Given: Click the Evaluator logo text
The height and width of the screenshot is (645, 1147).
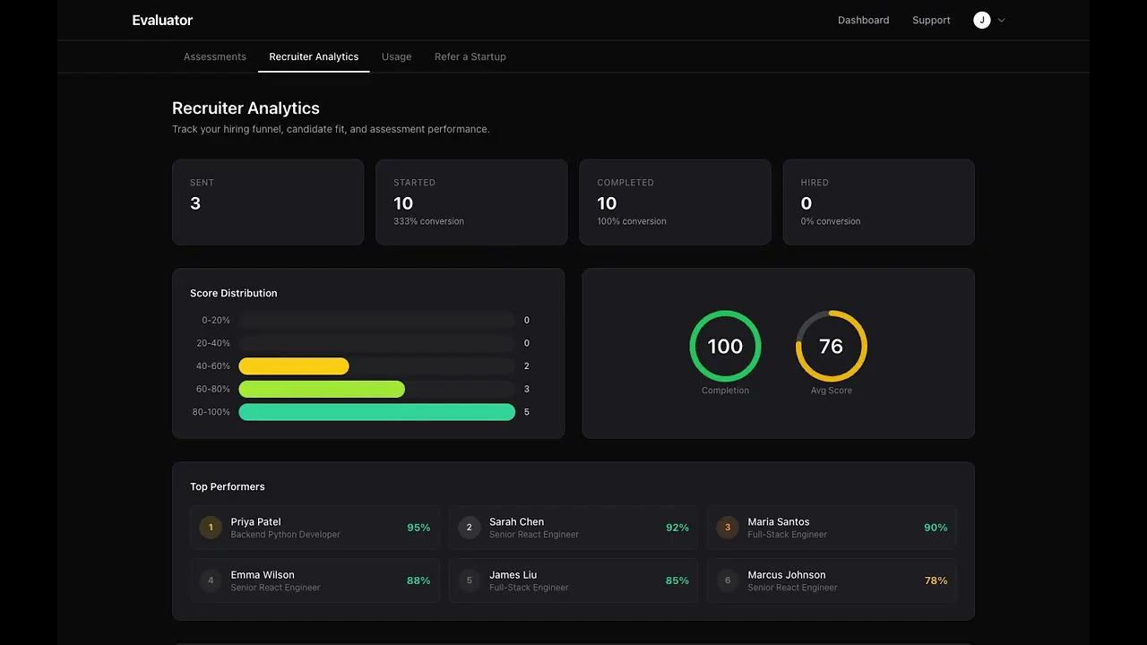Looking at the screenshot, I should (x=162, y=21).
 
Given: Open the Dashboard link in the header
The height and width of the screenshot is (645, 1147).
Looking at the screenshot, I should (x=863, y=21).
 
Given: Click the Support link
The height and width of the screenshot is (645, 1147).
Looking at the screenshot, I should (x=931, y=21).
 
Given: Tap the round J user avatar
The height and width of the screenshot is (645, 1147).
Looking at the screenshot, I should (x=982, y=21).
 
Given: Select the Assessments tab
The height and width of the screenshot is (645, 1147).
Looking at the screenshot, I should (x=215, y=56).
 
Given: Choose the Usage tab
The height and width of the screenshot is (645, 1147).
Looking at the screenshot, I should (x=396, y=56).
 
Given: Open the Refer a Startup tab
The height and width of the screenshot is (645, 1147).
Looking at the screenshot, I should (x=470, y=56).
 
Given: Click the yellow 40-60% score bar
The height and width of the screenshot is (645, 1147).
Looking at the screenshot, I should (x=294, y=366).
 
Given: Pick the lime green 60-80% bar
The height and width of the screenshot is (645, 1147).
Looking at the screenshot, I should (x=322, y=389).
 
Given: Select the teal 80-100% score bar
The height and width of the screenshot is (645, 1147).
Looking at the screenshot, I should (x=376, y=412).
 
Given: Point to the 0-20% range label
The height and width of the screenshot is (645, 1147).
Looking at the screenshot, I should (x=216, y=321).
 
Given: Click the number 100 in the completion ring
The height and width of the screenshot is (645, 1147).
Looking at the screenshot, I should (x=725, y=347).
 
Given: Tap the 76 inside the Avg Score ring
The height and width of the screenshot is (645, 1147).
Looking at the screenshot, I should (x=831, y=347).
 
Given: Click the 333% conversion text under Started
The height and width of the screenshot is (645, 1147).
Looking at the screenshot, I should (x=428, y=221).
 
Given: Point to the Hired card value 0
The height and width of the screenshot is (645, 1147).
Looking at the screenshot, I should (x=806, y=204).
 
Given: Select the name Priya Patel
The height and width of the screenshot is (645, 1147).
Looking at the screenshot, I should (x=255, y=521).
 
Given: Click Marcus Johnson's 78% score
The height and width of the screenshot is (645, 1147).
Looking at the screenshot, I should (x=936, y=580).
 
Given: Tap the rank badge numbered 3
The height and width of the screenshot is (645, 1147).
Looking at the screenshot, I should (x=728, y=528).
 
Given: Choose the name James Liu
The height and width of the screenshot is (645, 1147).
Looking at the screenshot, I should (x=513, y=575).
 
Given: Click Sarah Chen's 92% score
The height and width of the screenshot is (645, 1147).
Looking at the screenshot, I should (x=677, y=528).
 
